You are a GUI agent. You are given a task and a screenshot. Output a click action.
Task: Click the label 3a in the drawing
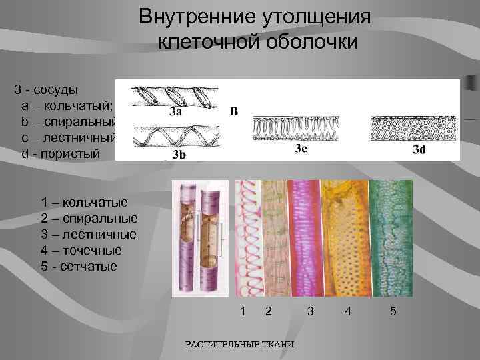(175, 111)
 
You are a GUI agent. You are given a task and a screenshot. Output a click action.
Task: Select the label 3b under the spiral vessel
(179, 155)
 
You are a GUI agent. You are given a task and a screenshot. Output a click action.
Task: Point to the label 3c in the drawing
(301, 148)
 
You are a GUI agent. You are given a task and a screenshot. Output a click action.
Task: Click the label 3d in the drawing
(419, 149)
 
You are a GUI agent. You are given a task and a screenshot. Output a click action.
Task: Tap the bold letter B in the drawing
(233, 111)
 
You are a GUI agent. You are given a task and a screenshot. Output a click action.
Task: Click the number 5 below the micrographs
(393, 311)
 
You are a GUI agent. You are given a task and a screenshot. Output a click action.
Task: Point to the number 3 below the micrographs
(310, 311)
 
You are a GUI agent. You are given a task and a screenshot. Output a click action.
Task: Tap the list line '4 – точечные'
(81, 251)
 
